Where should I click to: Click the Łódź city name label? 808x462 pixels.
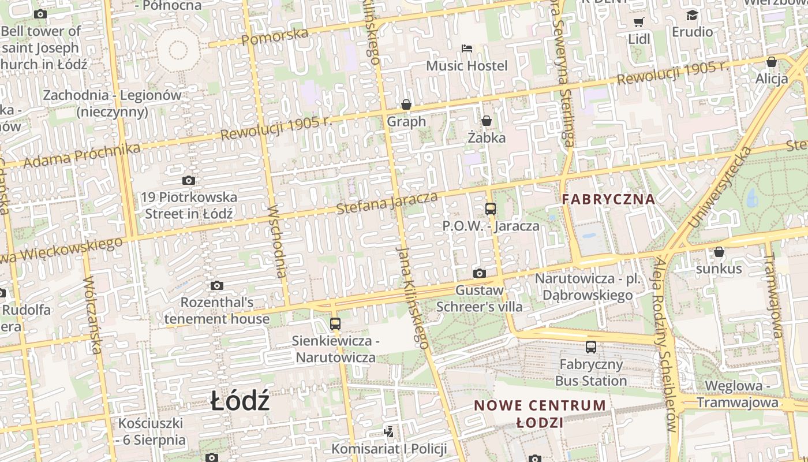pyautogui.click(x=240, y=400)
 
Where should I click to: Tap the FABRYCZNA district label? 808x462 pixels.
pyautogui.click(x=609, y=199)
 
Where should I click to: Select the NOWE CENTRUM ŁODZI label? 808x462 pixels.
pyautogui.click(x=540, y=413)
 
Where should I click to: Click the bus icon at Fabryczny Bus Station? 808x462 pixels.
pyautogui.click(x=590, y=347)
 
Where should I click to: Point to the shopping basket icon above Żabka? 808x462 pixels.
pyautogui.click(x=487, y=121)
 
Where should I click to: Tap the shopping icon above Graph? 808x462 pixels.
pyautogui.click(x=406, y=105)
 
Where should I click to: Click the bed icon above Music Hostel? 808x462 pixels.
pyautogui.click(x=466, y=48)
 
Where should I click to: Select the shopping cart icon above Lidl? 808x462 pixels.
pyautogui.click(x=638, y=23)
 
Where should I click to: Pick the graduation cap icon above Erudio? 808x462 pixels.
pyautogui.click(x=692, y=15)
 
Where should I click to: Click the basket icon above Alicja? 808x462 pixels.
pyautogui.click(x=772, y=62)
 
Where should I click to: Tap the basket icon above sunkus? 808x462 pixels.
pyautogui.click(x=719, y=252)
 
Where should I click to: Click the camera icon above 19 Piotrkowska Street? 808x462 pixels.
pyautogui.click(x=188, y=180)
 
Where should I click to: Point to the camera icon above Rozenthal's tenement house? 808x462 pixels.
pyautogui.click(x=217, y=285)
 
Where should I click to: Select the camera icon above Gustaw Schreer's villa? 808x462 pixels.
pyautogui.click(x=479, y=273)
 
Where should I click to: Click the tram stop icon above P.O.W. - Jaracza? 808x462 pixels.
pyautogui.click(x=491, y=209)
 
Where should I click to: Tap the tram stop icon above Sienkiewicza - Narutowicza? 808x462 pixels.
pyautogui.click(x=335, y=323)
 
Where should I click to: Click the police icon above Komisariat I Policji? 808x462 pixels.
pyautogui.click(x=389, y=431)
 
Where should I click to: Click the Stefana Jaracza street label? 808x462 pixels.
pyautogui.click(x=387, y=203)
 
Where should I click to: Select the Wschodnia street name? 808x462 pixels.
pyautogui.click(x=278, y=241)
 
